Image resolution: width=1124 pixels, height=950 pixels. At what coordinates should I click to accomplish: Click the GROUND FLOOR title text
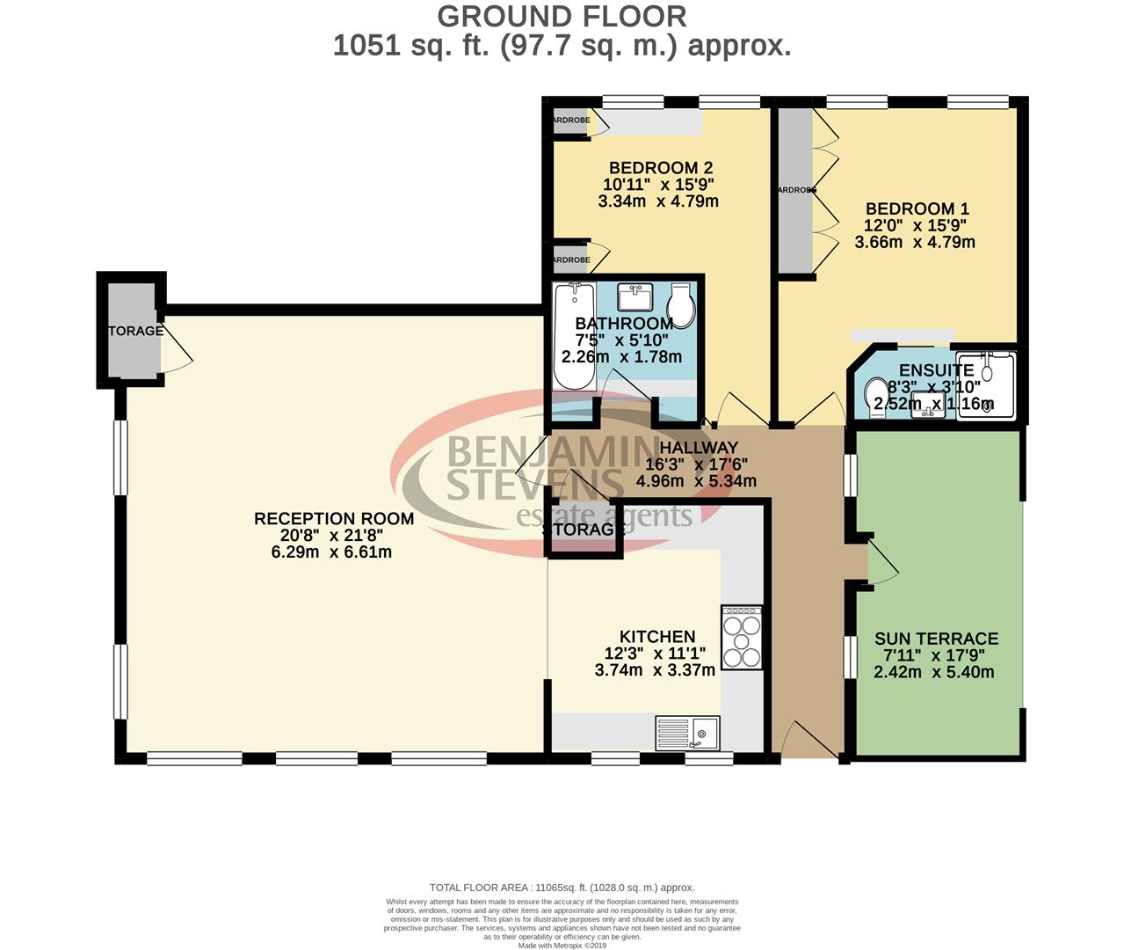click(562, 16)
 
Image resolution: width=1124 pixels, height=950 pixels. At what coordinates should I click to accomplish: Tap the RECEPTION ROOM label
click(334, 519)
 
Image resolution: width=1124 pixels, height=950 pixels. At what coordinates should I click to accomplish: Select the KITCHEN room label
click(656, 637)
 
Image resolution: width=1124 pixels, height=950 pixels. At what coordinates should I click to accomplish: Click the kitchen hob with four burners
click(741, 638)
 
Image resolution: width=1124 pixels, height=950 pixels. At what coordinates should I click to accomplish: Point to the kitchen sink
click(687, 730)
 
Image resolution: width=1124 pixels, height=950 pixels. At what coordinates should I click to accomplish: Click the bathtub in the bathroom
click(574, 336)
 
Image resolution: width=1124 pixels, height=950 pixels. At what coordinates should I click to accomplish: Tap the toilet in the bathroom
click(680, 305)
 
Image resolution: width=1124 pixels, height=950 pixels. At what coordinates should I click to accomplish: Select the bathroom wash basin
click(635, 297)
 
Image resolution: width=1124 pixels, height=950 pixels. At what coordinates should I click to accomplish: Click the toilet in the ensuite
click(877, 395)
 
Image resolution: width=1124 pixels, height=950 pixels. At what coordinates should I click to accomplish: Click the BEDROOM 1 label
click(917, 208)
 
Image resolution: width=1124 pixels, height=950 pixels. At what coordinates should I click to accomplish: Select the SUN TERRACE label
click(936, 639)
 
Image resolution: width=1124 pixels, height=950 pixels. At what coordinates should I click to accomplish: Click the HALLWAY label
click(699, 448)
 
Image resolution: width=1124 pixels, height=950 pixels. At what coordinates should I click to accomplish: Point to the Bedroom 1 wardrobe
click(795, 190)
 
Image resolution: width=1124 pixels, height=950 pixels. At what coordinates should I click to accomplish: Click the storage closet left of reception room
click(132, 330)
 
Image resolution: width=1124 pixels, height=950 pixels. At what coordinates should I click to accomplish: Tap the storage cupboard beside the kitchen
click(583, 530)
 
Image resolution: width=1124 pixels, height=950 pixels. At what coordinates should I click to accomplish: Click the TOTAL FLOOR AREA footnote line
click(562, 888)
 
